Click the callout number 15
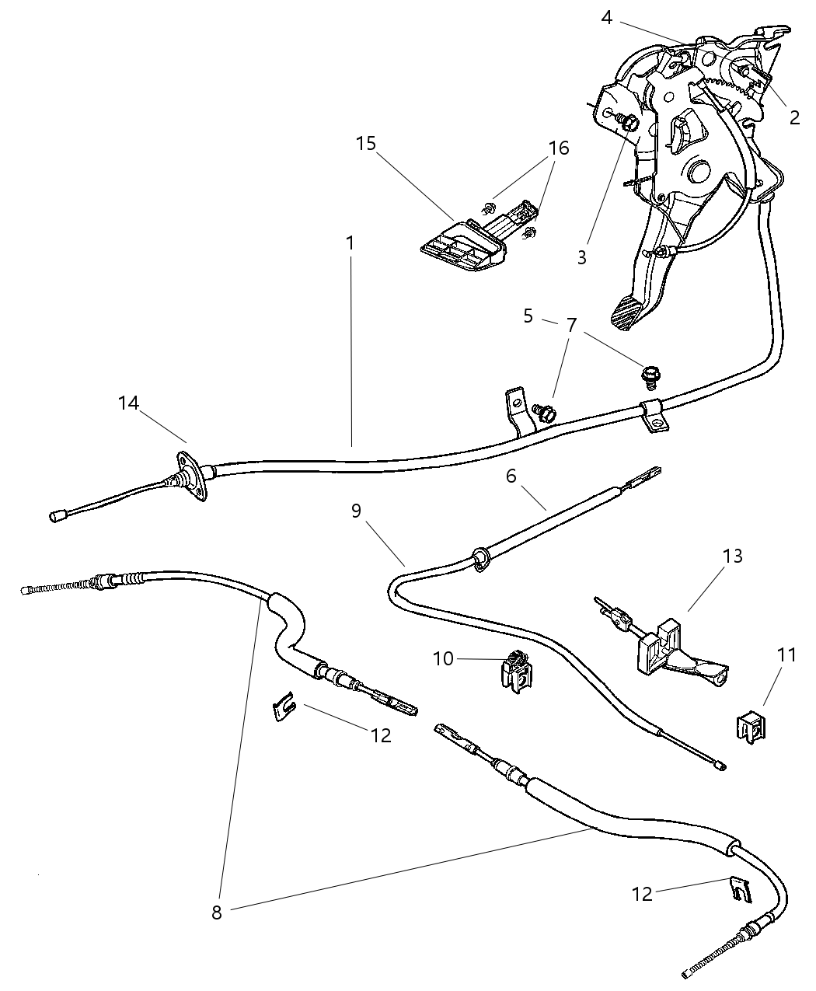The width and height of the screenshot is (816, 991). [x=366, y=144]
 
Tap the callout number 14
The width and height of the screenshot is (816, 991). [x=128, y=403]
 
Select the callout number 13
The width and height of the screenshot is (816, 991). [x=732, y=556]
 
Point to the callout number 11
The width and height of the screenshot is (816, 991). [x=786, y=655]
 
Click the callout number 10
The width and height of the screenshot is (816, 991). [x=443, y=658]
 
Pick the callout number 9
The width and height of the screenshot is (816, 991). [x=356, y=511]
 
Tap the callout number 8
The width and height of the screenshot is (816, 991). [x=216, y=912]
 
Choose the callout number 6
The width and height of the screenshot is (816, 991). [x=511, y=476]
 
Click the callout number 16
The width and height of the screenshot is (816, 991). [x=558, y=148]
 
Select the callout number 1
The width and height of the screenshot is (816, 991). [x=350, y=243]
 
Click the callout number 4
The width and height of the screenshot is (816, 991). [x=606, y=17]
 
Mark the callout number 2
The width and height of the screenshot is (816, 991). [x=793, y=118]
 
